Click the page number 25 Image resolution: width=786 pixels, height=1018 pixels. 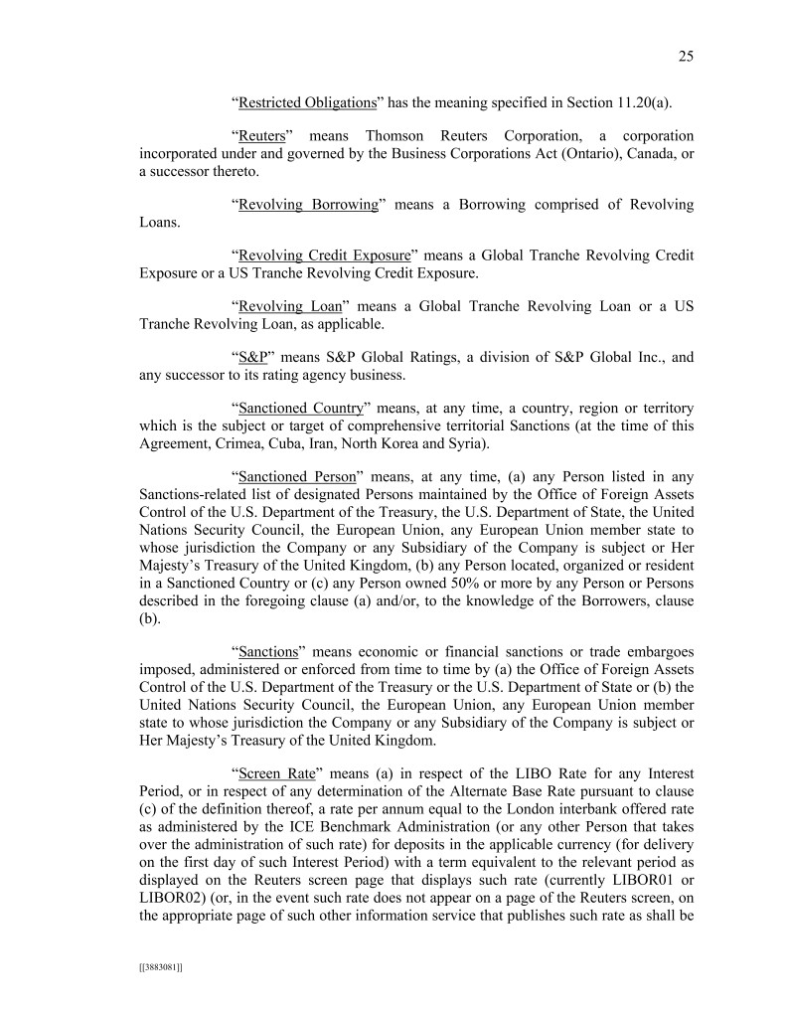pos(686,57)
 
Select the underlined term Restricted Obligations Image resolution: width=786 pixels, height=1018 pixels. pos(307,102)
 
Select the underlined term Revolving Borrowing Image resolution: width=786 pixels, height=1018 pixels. pos(308,204)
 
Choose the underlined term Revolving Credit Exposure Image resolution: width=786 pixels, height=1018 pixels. pos(324,255)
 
